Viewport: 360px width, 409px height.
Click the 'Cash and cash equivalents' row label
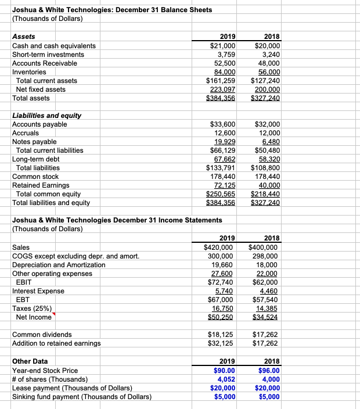pyautogui.click(x=54, y=45)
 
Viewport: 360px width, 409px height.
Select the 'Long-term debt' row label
pyautogui.click(x=36, y=159)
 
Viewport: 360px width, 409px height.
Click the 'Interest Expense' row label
pyautogui.click(x=38, y=290)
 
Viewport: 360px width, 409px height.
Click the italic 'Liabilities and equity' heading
pyautogui.click(x=46, y=115)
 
